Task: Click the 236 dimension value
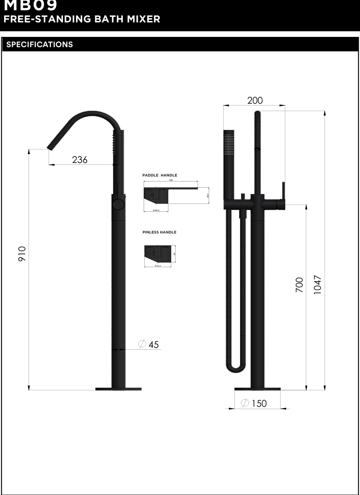80,160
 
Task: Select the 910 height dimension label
22,254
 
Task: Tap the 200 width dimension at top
255,100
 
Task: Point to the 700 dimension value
299,284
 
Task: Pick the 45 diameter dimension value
154,345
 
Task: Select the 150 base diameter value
259,403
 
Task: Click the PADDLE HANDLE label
160,176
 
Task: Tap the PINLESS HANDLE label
159,232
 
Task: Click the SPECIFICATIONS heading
40,45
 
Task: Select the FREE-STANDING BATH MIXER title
82,19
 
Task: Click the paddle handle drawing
170,196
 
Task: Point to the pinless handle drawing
159,255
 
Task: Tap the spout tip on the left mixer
49,148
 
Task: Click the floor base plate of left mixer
118,389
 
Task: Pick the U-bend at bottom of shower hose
235,369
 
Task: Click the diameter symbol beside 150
244,403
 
